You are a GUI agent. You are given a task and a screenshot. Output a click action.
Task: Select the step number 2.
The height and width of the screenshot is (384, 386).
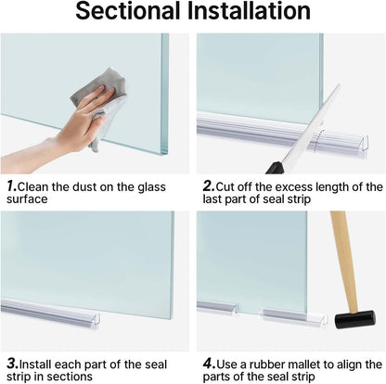[209, 186]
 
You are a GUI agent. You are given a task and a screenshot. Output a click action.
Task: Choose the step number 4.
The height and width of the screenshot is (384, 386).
[209, 365]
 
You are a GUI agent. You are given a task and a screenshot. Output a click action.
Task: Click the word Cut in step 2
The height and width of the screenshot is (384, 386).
[227, 186]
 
